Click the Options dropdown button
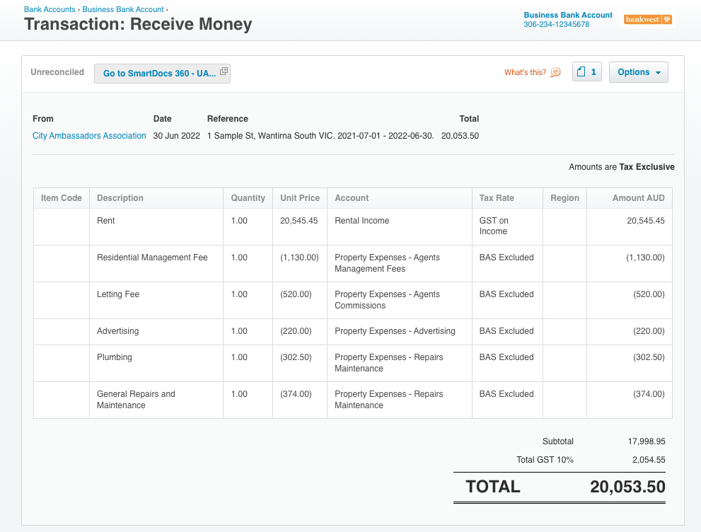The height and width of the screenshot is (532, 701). [639, 72]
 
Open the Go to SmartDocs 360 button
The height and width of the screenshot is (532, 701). [162, 74]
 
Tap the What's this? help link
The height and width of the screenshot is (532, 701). [532, 72]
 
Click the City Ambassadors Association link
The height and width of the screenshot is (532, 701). [89, 136]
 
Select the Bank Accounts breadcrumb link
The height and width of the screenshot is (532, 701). [50, 9]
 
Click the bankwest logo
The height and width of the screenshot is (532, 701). [648, 19]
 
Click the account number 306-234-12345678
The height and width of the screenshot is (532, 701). [557, 25]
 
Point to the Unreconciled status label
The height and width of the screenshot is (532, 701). [57, 72]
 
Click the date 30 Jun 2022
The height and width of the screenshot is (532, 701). [177, 136]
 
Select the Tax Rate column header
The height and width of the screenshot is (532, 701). [497, 198]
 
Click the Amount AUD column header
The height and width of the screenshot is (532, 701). [639, 198]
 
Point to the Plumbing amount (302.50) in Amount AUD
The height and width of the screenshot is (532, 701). [649, 357]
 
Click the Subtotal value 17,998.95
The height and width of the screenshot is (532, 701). [647, 441]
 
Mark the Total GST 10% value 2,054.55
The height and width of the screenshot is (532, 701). [649, 460]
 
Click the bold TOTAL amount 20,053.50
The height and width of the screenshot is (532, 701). [627, 487]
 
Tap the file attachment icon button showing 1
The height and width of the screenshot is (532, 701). [587, 72]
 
